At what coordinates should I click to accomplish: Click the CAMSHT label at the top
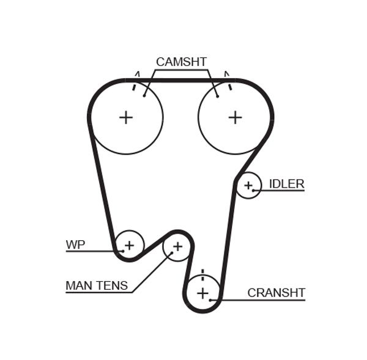[181, 62]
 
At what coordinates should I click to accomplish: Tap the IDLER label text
[286, 184]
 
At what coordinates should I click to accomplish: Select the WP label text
[75, 245]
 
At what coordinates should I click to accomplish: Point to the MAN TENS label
[97, 285]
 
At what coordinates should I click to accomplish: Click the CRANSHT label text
[276, 293]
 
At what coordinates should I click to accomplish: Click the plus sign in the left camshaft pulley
[125, 117]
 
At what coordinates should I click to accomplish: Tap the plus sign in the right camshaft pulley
[235, 117]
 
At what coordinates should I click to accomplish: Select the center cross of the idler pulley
[248, 185]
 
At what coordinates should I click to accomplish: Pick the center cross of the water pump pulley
[129, 246]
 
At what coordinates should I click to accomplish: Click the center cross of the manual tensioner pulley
[177, 246]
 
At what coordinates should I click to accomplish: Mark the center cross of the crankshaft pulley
[203, 293]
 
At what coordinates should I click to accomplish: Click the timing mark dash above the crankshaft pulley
[202, 273]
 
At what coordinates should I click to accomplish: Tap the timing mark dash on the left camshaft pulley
[133, 86]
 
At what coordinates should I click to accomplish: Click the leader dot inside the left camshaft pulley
[144, 95]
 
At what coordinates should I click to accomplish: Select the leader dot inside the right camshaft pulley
[217, 95]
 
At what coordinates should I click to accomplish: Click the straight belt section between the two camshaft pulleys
[181, 79]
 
